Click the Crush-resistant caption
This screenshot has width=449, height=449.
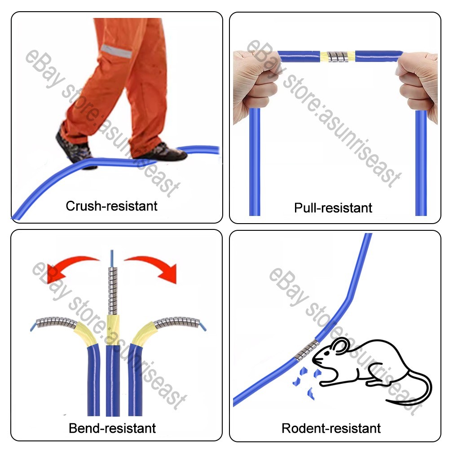[x=111, y=206]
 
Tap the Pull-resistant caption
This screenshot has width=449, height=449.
[x=333, y=208]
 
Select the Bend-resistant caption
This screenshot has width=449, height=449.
[x=112, y=428]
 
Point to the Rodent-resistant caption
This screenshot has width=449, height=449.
[x=331, y=428]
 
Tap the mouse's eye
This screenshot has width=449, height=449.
[x=327, y=353]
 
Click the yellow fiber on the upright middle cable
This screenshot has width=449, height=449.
[x=113, y=330]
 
